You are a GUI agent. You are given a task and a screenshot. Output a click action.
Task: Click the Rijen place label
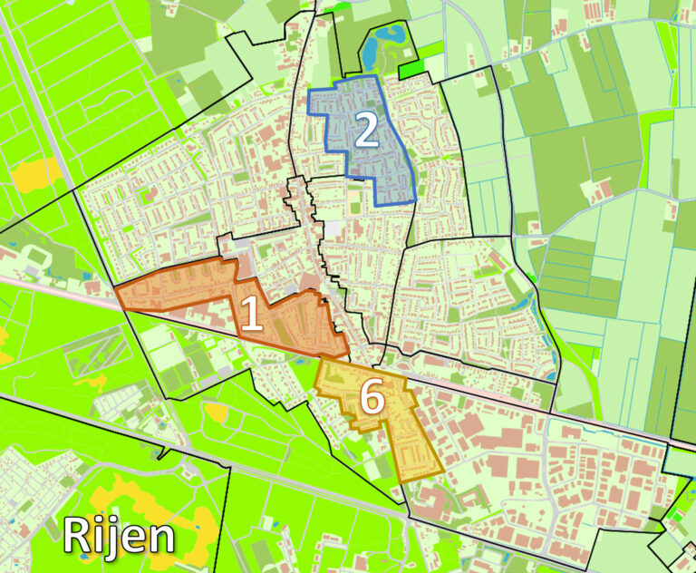pyautogui.click(x=118, y=535)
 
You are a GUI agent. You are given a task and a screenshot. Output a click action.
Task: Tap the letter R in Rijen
pyautogui.click(x=77, y=535)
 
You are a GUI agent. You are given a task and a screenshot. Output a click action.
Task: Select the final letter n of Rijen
pyautogui.click(x=159, y=538)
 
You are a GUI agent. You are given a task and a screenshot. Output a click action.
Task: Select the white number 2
pyautogui.click(x=365, y=132)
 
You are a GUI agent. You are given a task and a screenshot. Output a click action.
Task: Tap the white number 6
pyautogui.click(x=371, y=398)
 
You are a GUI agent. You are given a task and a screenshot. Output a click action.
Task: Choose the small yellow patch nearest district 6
pyautogui.click(x=217, y=413)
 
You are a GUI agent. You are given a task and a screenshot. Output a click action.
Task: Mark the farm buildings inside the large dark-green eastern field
pyautogui.click(x=598, y=190)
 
